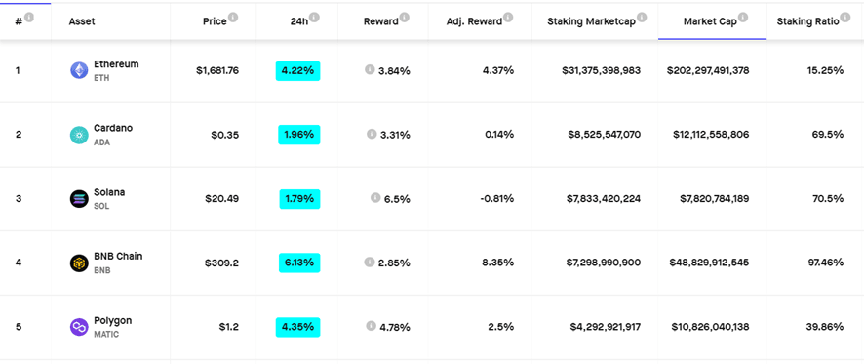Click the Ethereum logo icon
[79, 70]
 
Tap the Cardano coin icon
[79, 135]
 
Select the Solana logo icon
[79, 199]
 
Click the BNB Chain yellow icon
[79, 263]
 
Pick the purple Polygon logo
[79, 327]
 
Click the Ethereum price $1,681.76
[216, 70]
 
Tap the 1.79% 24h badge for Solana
[298, 199]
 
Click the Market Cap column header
[710, 20]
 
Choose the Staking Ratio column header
[807, 20]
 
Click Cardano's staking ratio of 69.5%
[827, 135]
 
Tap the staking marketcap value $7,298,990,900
[604, 263]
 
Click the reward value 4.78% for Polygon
[394, 327]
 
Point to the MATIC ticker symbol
[106, 335]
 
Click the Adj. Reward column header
[473, 20]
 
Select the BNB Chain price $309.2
[221, 263]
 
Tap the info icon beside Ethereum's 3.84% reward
[370, 69]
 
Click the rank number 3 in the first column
[18, 199]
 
